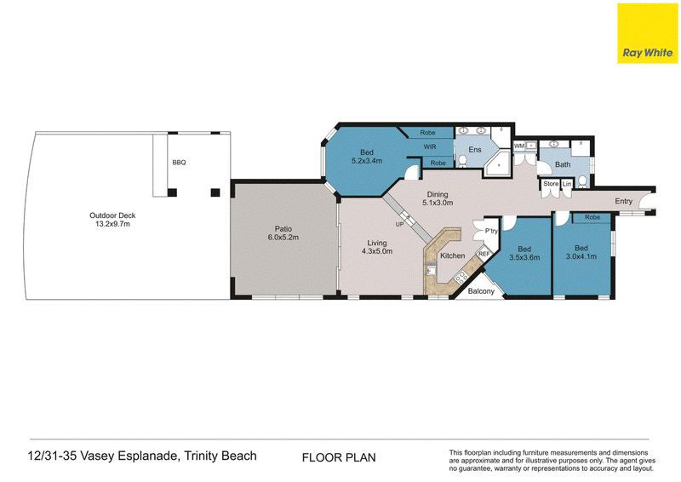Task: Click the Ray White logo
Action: coord(648,33)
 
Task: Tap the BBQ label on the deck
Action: coord(179,163)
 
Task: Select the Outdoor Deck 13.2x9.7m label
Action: coord(112,220)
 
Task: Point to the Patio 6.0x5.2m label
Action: coord(283,233)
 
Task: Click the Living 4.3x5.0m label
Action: coord(377,247)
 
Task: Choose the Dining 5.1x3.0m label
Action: coord(438,198)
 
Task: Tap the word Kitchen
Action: coord(453,255)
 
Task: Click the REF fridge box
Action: coord(484,254)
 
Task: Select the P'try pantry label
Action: coord(491,231)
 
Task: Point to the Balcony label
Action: coord(481,291)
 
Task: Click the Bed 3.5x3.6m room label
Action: coord(524,253)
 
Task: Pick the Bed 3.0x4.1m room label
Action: coord(581,252)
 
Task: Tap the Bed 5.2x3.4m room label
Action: coord(367,157)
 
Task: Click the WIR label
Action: coord(430,147)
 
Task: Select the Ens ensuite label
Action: coord(475,150)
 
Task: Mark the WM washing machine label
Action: coord(519,146)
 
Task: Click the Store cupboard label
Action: coord(551,183)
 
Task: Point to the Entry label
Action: coord(623,201)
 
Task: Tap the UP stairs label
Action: coord(399,224)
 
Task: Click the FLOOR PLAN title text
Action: coord(339,457)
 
